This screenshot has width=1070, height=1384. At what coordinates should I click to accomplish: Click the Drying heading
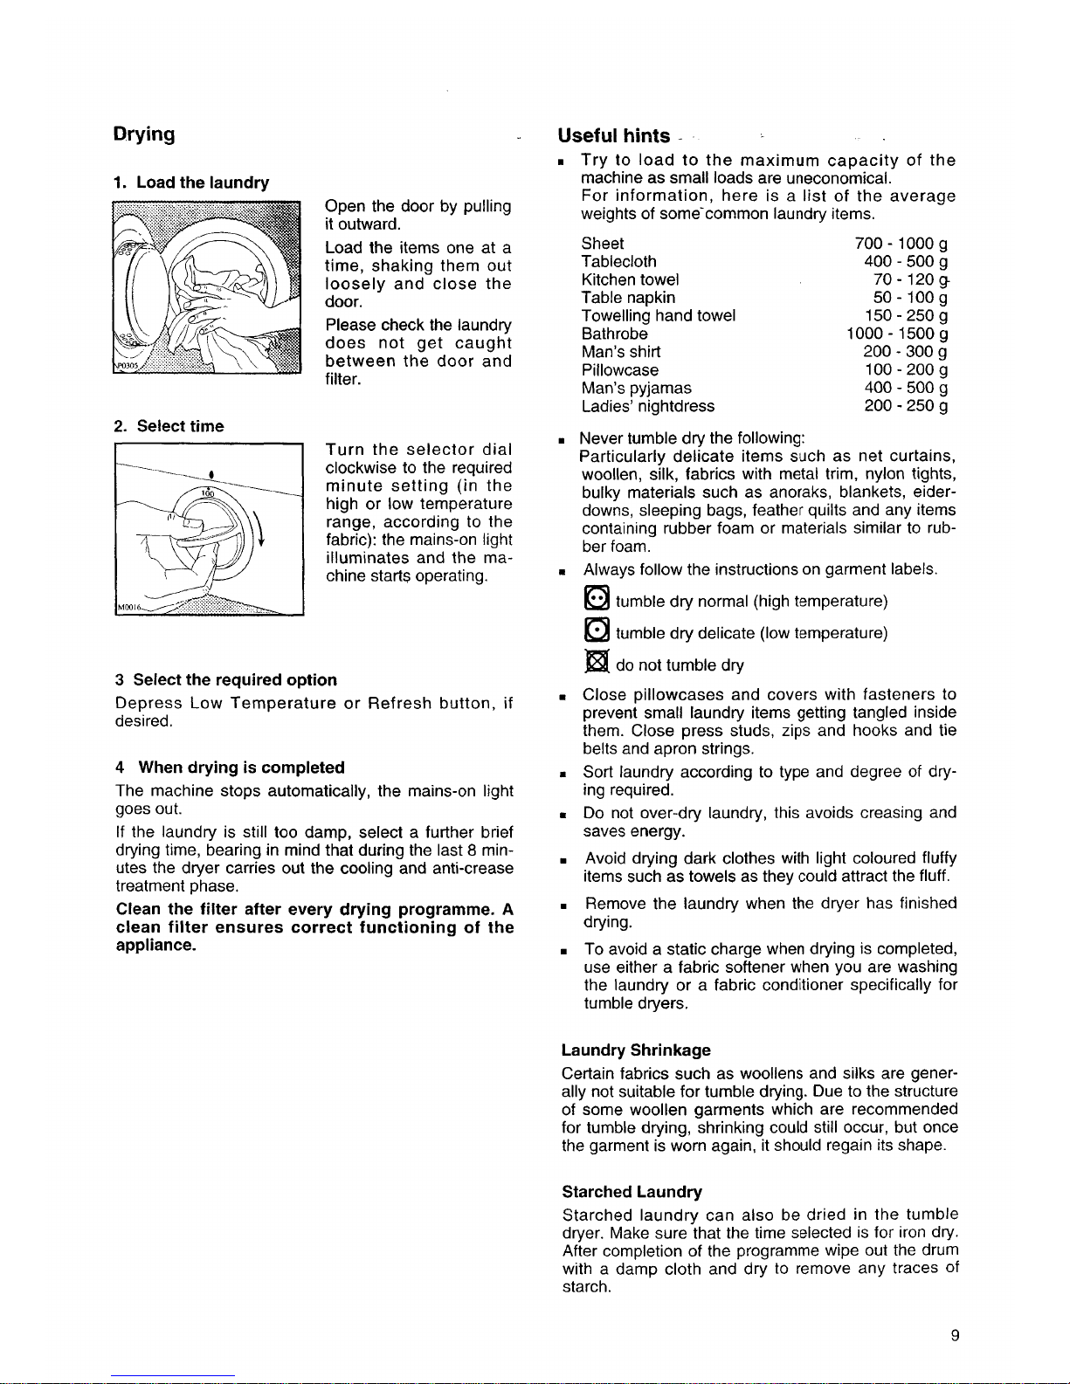tap(145, 134)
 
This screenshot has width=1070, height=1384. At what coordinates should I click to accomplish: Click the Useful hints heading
tap(614, 136)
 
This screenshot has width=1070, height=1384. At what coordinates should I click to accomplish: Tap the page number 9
tap(955, 1334)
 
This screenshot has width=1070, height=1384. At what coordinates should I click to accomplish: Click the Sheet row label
tap(603, 243)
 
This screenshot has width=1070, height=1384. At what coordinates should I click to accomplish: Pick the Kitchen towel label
tap(630, 279)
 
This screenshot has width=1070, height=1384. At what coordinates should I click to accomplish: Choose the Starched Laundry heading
tap(632, 1191)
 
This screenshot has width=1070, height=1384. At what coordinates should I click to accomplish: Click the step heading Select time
tap(169, 426)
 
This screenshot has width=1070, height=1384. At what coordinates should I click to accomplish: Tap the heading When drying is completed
tap(231, 768)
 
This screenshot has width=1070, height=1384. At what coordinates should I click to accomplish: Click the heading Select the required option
tap(226, 679)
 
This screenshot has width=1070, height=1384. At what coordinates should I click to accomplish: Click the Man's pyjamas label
tap(636, 388)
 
